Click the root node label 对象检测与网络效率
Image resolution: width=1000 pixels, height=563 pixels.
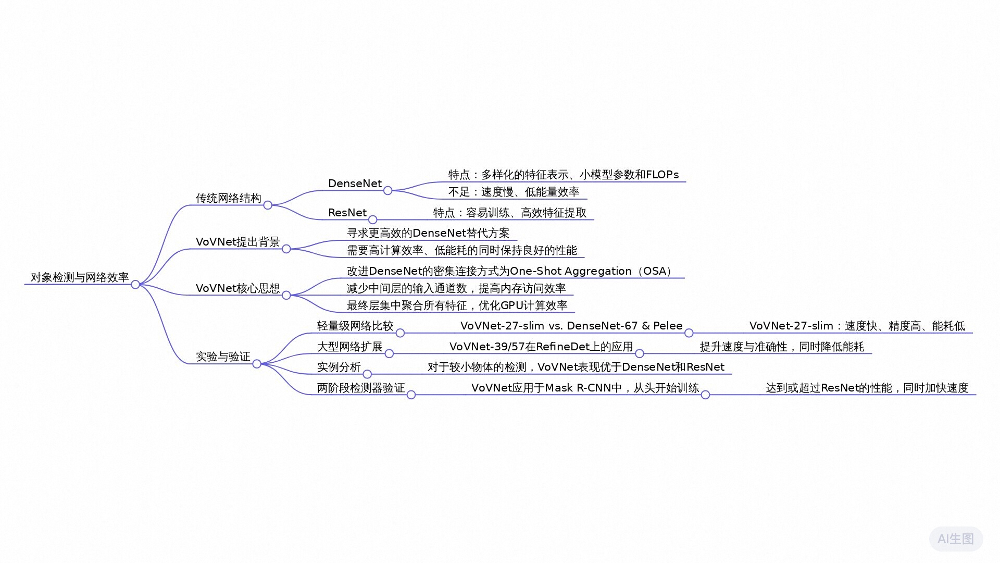click(80, 277)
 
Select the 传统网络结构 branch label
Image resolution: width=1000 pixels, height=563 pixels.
click(228, 198)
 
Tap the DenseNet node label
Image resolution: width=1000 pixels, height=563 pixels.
click(355, 183)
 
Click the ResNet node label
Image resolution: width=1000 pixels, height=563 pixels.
click(347, 213)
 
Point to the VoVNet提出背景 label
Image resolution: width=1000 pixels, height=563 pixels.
click(238, 242)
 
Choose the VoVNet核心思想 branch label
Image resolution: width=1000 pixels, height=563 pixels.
click(238, 288)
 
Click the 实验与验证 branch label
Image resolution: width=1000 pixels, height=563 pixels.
click(223, 357)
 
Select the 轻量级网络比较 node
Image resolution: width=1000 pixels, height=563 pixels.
click(355, 326)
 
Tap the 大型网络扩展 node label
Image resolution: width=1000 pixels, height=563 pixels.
click(349, 347)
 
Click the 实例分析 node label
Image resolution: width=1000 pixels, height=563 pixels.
click(339, 367)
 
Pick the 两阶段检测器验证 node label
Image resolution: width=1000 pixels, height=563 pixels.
click(361, 388)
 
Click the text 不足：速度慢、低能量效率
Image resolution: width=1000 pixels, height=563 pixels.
click(514, 192)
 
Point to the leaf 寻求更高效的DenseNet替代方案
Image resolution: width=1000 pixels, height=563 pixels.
click(428, 233)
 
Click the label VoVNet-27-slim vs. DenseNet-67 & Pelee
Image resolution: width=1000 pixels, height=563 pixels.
click(571, 326)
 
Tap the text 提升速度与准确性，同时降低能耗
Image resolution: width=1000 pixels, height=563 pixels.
click(782, 347)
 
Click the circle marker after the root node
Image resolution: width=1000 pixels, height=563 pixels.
click(135, 285)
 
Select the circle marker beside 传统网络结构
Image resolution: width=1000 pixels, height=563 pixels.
click(268, 205)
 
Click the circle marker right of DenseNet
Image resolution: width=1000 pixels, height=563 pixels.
click(387, 191)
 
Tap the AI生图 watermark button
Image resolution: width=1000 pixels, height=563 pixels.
click(956, 539)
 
